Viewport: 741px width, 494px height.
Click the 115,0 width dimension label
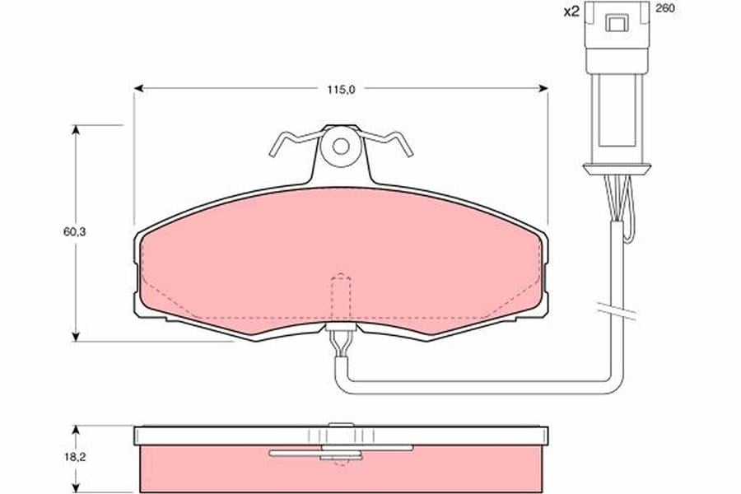341,90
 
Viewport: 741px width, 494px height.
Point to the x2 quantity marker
571,12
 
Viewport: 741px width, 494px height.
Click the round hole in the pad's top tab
341,146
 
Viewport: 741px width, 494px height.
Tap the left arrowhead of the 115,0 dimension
138,88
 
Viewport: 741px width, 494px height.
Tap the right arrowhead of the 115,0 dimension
543,88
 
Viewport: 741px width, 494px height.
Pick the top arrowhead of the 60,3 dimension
75,130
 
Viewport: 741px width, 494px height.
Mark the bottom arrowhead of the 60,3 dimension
75,336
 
